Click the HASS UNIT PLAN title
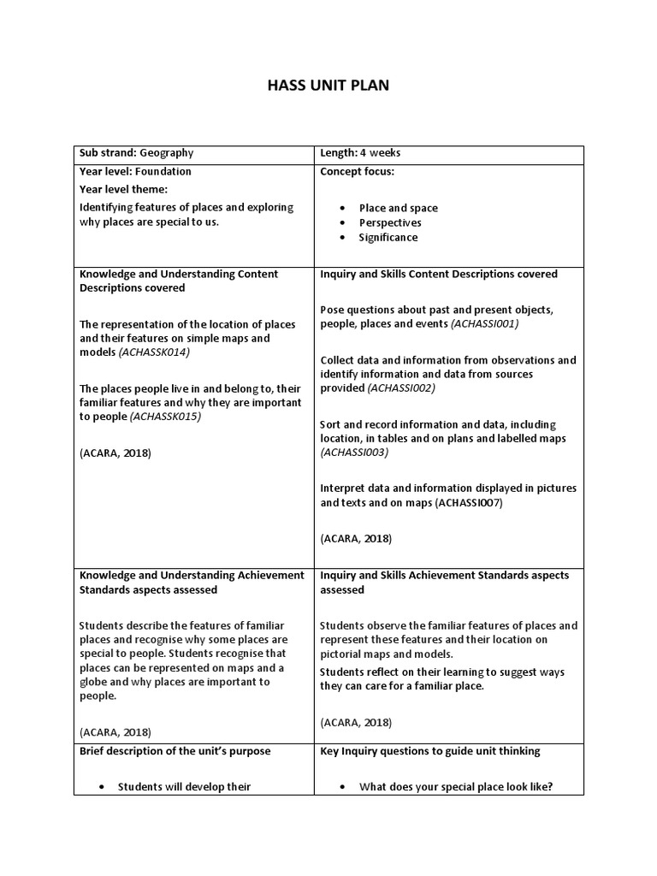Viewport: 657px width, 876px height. coord(328,86)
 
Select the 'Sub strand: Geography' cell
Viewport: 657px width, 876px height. coord(136,153)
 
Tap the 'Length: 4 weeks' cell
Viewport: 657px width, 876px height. coord(360,153)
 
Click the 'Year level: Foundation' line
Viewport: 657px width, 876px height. coord(135,171)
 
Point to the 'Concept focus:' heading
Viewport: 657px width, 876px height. coord(357,171)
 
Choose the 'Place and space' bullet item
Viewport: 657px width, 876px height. coord(398,208)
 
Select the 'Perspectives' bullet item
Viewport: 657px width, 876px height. coord(390,222)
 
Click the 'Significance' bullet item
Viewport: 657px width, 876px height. coord(388,237)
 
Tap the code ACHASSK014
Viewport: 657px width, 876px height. coord(155,352)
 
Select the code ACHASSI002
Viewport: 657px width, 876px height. coord(401,388)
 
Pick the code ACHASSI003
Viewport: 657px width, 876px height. coord(354,453)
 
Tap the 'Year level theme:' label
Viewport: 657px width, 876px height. coord(124,189)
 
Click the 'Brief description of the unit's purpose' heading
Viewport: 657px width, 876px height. coord(175,751)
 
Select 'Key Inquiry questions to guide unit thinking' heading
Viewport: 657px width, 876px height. coord(429,751)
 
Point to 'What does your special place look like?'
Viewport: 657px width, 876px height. coord(456,787)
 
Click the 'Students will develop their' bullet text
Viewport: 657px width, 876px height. coord(184,787)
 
